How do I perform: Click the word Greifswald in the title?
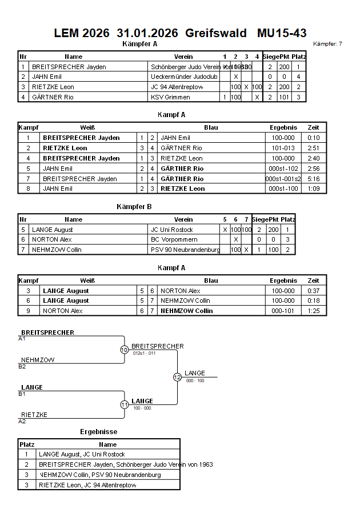216,33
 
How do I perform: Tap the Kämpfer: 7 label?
328,44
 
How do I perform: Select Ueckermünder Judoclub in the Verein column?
176,77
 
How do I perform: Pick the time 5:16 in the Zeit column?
313,179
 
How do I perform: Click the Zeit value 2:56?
313,169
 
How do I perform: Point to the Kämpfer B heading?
134,206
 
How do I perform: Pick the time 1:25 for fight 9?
313,311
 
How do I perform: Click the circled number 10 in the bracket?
124,350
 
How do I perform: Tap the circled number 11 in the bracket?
124,404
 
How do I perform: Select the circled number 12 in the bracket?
177,377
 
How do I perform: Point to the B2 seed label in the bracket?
22,367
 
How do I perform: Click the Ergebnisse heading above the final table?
98,432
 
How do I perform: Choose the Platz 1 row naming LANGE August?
82,454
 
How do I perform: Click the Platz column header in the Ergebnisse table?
27,444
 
